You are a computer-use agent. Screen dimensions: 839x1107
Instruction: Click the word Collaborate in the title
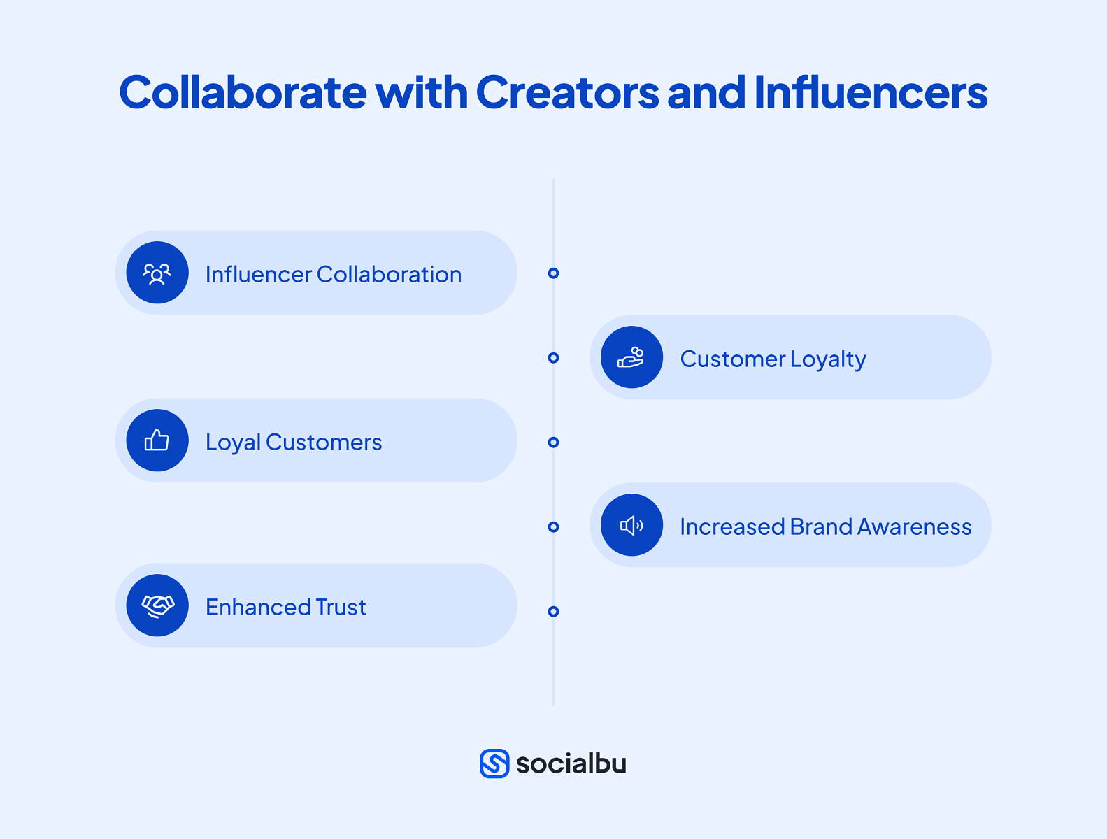pos(243,92)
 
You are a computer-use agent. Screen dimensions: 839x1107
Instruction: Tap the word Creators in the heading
pos(567,92)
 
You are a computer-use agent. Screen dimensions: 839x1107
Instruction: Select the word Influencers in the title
pos(871,92)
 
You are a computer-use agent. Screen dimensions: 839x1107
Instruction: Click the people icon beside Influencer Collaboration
pos(157,273)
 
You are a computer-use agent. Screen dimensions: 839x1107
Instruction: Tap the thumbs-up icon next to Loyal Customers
pos(157,440)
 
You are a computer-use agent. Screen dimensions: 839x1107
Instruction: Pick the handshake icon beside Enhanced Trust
pos(157,605)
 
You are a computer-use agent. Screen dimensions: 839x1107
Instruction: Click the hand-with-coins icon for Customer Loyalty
pos(631,357)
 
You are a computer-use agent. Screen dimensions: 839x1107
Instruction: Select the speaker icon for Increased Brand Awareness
pos(631,525)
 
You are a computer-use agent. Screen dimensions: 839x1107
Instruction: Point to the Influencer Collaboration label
pos(334,274)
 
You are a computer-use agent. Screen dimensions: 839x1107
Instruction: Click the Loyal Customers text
pos(294,442)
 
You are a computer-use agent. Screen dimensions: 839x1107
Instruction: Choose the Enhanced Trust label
pos(285,607)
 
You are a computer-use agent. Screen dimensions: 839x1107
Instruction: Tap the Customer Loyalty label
pos(773,359)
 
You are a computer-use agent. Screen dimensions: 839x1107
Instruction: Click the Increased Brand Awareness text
pos(825,526)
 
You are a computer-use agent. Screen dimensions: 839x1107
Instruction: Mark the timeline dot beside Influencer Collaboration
pos(553,273)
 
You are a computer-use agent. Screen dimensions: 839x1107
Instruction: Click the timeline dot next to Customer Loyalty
pos(553,358)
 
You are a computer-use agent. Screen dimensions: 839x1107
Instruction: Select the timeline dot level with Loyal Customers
pos(553,443)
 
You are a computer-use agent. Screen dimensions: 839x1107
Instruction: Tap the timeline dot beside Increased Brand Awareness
pos(553,527)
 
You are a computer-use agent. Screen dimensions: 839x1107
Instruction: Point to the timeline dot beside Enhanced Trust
pos(553,612)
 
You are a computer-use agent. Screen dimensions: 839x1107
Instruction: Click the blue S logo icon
pos(494,763)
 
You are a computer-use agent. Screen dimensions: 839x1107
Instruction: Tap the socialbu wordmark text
pos(571,763)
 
